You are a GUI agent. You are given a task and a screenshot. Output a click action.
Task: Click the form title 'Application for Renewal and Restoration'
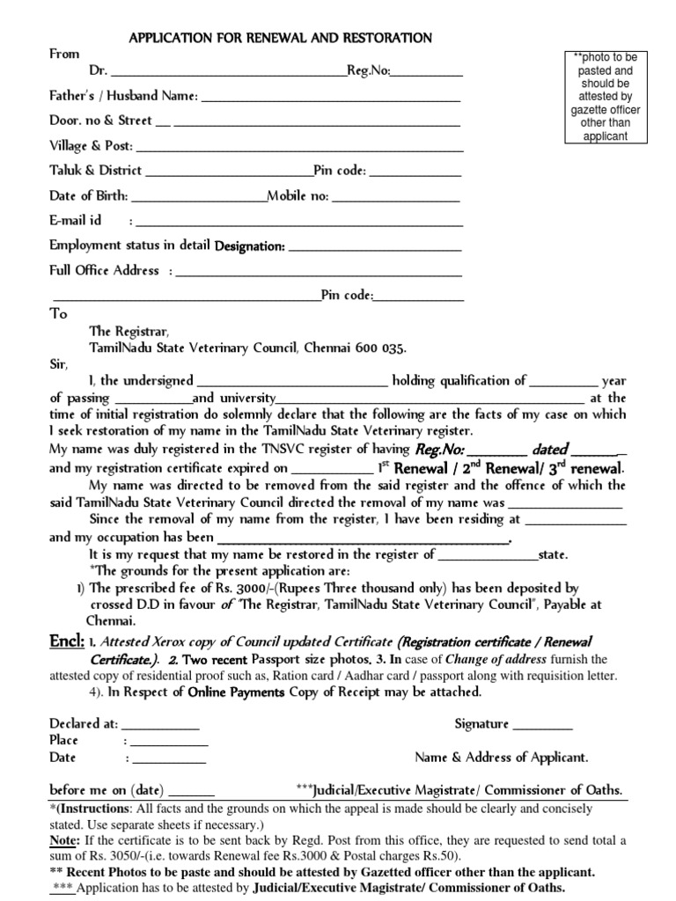point(281,38)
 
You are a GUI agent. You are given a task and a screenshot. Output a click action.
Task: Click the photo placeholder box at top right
point(605,97)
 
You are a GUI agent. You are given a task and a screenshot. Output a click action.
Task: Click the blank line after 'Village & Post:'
point(299,147)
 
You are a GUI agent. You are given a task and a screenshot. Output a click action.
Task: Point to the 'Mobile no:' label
point(298,195)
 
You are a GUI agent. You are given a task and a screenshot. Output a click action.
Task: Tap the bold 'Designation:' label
point(250,246)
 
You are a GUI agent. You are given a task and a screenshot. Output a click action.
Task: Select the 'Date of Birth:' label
point(89,195)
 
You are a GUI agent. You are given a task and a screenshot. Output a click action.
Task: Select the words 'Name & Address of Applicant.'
point(502,758)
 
